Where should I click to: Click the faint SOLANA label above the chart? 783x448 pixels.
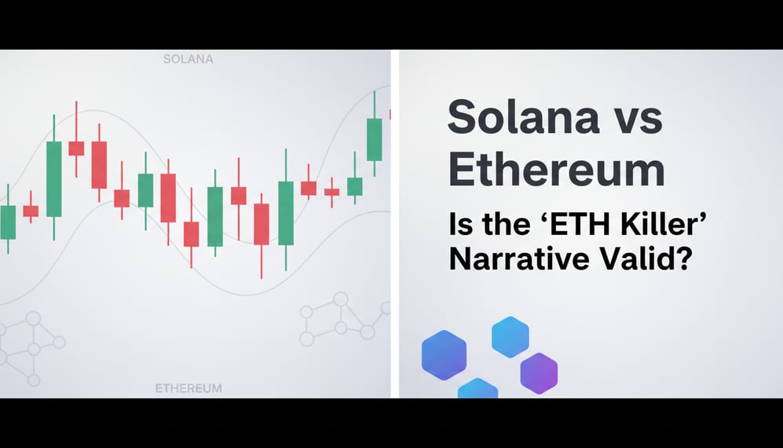[188, 59]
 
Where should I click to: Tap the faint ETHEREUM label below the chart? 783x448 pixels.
[188, 388]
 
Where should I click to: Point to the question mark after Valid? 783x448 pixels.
[680, 259]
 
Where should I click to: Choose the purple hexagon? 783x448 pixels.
[539, 373]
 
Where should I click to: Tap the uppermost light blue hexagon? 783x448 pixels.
[510, 336]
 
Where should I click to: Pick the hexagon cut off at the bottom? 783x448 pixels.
[477, 388]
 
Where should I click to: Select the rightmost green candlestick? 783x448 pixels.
[375, 138]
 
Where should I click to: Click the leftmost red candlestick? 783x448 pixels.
[31, 211]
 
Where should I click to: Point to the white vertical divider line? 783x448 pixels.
[395, 224]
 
